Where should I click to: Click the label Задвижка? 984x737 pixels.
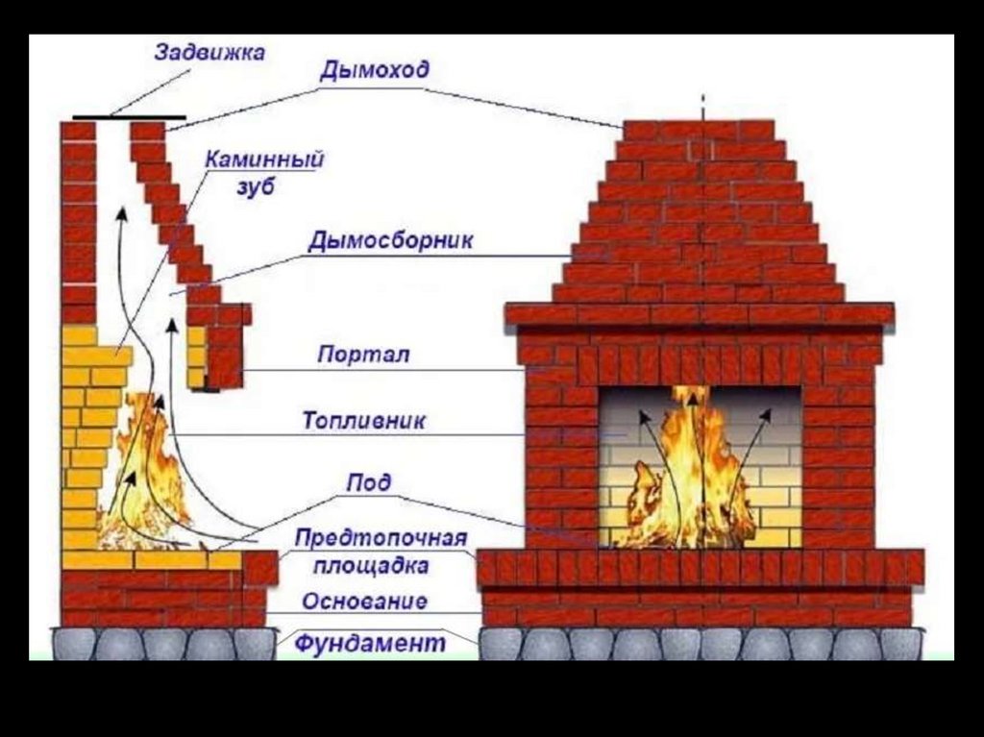tap(209, 52)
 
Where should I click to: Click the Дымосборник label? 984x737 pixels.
tap(390, 240)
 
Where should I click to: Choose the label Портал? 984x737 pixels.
tap(363, 355)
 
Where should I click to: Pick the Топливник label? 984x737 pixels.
tap(363, 421)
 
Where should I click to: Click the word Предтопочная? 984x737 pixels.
tap(380, 538)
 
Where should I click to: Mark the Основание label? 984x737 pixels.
tap(364, 602)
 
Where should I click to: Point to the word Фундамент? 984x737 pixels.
tap(370, 642)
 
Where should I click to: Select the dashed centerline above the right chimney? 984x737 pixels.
tap(702, 106)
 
